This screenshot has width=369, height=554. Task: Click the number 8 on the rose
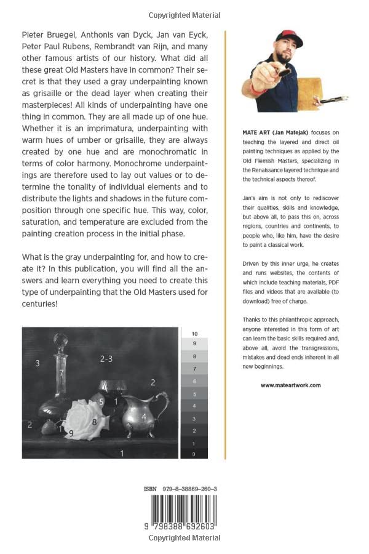[x=94, y=422]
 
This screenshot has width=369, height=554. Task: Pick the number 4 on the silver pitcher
[x=144, y=417]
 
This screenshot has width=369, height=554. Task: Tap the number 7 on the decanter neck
[x=61, y=373]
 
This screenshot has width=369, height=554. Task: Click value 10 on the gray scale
[x=195, y=333]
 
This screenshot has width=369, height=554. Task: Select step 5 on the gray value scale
[x=195, y=393]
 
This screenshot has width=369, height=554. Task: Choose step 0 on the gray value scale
[x=195, y=454]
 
